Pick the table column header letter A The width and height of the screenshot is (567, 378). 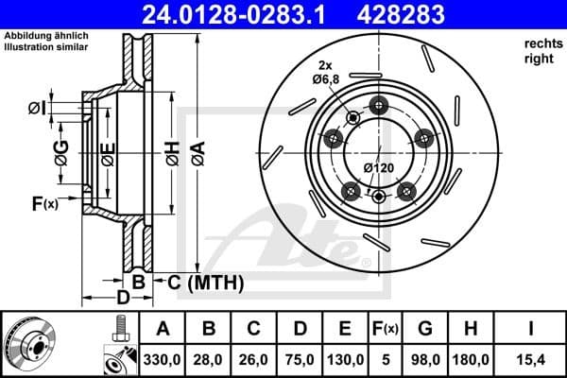click(163, 329)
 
